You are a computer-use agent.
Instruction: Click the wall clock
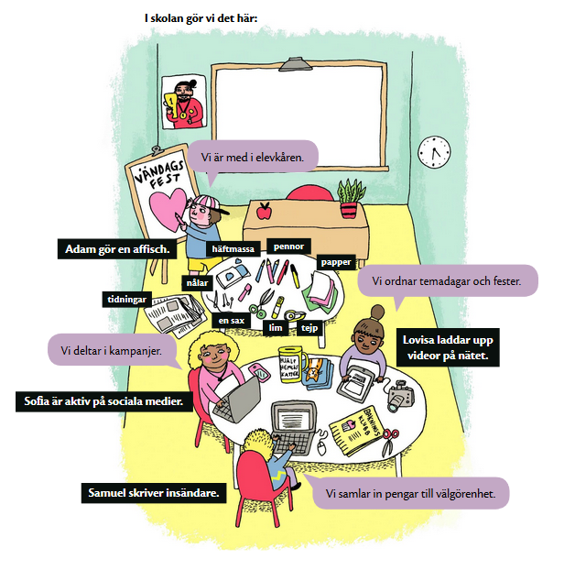coord(434,152)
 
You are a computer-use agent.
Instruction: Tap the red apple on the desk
coord(264,212)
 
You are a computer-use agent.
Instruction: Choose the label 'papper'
coord(335,261)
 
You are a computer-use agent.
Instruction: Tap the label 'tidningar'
coord(126,300)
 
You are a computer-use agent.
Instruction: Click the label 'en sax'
coord(231,321)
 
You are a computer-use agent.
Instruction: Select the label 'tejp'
coord(309,325)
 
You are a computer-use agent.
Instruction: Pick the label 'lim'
coord(275,326)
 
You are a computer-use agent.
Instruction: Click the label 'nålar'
coord(199,283)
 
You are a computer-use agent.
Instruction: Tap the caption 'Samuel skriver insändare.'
coord(152,493)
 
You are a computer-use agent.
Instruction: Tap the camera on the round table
coord(400,395)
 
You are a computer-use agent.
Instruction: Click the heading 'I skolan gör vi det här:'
coord(201,17)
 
